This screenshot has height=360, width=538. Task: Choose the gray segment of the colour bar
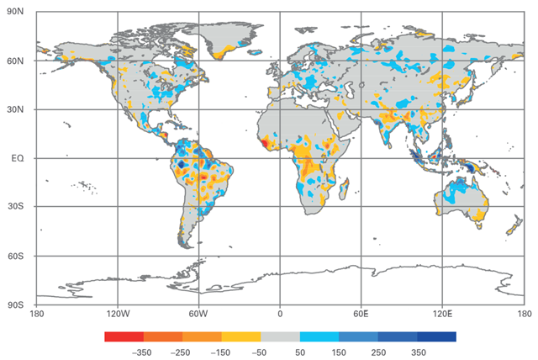[x=280, y=336]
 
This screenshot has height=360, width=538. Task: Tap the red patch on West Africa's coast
[x=267, y=143]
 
